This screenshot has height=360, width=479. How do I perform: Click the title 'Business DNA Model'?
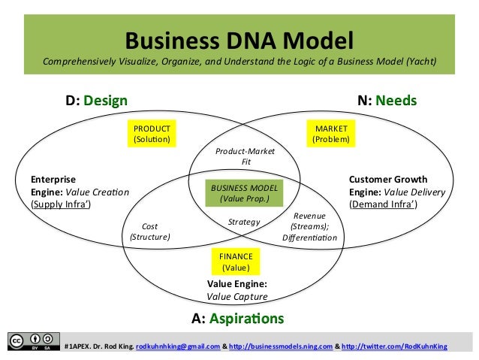click(239, 40)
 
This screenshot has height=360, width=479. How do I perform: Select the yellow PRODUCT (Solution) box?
click(152, 134)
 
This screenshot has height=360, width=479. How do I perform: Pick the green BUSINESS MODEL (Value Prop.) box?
click(245, 193)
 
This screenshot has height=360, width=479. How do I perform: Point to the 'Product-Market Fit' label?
click(245, 156)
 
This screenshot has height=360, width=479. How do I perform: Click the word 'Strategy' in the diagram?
click(244, 222)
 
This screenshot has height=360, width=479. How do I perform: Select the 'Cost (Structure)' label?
click(150, 231)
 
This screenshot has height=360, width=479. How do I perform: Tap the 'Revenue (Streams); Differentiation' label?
click(309, 226)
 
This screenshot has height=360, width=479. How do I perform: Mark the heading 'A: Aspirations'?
click(238, 318)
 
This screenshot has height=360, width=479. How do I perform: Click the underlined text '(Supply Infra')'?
click(61, 204)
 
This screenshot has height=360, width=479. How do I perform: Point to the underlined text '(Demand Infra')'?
click(384, 204)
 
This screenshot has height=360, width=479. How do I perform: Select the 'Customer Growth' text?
click(388, 180)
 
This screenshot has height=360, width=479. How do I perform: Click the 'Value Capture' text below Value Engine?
click(237, 296)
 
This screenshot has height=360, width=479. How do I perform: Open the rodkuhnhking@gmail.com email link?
click(178, 346)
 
